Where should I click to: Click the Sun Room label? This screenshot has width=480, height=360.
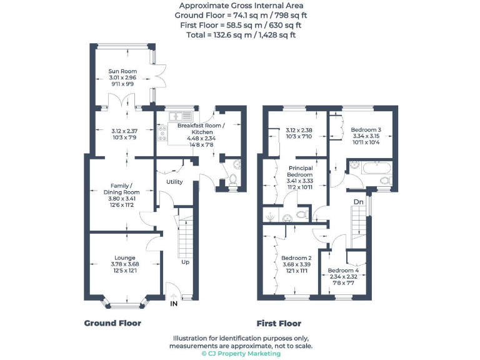click(x=122, y=71)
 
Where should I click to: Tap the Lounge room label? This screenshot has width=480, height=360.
click(x=125, y=257)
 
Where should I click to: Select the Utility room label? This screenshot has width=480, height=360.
click(x=174, y=182)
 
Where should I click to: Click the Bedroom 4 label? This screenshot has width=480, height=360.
click(x=342, y=271)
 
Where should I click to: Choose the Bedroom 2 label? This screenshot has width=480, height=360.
click(x=296, y=257)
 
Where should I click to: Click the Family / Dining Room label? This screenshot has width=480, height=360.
click(x=122, y=189)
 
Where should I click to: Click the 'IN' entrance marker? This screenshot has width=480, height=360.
click(x=174, y=304)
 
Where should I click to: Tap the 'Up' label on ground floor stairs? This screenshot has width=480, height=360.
click(x=186, y=262)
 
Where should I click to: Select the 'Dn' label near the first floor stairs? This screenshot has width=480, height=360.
click(x=358, y=202)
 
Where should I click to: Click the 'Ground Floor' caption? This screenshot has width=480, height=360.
click(x=112, y=323)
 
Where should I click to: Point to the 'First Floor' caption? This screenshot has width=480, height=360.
click(x=279, y=324)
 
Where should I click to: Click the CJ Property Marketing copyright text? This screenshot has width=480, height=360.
click(x=241, y=354)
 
